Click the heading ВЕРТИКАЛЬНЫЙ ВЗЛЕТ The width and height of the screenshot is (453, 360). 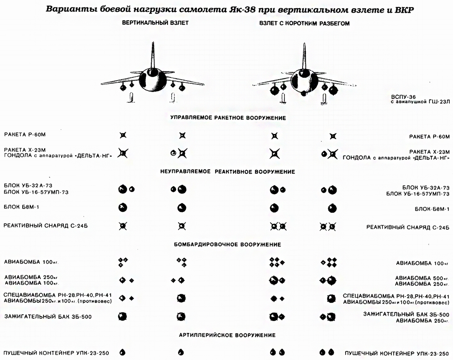155,23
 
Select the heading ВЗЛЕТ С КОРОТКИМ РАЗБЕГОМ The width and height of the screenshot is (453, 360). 304,24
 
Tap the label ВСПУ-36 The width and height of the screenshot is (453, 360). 403,97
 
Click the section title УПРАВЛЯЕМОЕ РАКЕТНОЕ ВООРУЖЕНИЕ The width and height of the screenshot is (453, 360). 228,118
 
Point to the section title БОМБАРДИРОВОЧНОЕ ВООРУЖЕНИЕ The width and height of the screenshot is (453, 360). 227,245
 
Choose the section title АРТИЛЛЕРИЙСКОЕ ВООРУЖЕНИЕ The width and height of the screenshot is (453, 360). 227,335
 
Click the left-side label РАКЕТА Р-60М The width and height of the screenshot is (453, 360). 25,134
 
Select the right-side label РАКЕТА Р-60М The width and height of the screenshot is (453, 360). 429,137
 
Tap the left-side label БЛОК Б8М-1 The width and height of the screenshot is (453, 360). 21,206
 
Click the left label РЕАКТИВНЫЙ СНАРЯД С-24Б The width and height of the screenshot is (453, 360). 45,226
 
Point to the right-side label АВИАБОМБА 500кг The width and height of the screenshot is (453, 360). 422,278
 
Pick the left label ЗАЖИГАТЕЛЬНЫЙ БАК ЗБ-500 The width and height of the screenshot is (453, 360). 48,317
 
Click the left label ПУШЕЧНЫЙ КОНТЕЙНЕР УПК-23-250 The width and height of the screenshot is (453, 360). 56,353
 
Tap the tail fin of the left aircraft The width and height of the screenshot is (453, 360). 153,55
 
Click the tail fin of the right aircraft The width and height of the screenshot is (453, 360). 304,56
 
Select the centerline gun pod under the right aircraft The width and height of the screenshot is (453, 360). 304,93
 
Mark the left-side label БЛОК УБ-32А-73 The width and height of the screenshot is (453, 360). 28,186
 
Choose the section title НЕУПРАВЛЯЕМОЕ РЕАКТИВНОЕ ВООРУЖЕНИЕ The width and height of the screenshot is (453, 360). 228,172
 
